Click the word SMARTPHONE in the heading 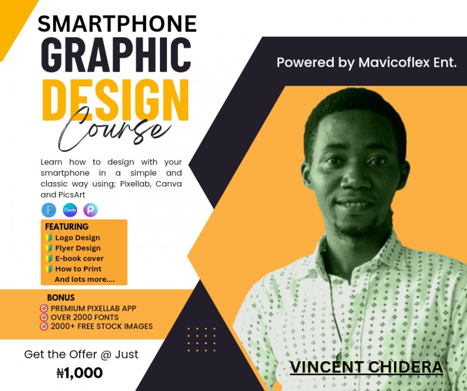click(x=117, y=23)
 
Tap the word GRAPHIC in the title click(x=116, y=55)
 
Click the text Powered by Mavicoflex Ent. click(x=367, y=62)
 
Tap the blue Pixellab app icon click(x=48, y=210)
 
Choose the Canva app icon click(x=70, y=210)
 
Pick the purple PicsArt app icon click(x=90, y=210)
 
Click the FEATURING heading click(x=67, y=226)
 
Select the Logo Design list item click(x=77, y=238)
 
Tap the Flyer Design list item click(x=78, y=248)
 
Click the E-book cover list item click(x=79, y=259)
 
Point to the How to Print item click(x=78, y=269)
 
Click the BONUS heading click(x=61, y=298)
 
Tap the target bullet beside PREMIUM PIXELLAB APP click(x=43, y=308)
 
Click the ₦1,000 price click(x=79, y=372)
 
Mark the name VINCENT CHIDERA click(x=367, y=367)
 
